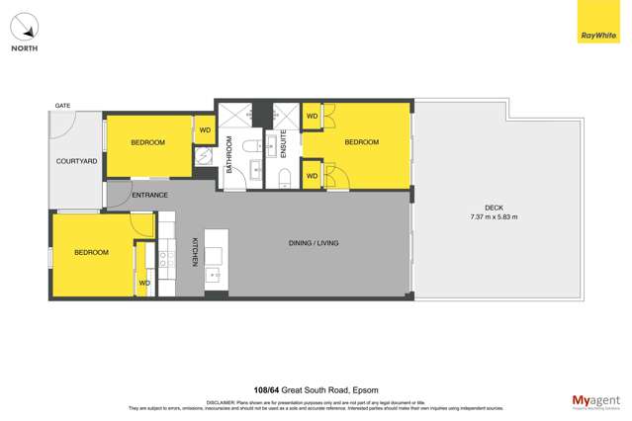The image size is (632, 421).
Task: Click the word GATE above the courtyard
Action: click(x=62, y=105)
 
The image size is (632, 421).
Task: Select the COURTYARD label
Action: click(x=76, y=161)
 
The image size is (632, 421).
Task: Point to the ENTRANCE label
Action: click(x=149, y=195)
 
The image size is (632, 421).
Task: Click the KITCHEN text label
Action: click(x=195, y=252)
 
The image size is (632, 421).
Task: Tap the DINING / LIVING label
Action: click(x=314, y=242)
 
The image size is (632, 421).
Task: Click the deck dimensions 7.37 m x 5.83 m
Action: click(x=494, y=216)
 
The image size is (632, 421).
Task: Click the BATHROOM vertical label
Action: click(x=228, y=155)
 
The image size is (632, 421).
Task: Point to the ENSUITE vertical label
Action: click(x=283, y=145)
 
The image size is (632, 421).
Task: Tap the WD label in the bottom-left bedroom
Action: click(x=144, y=284)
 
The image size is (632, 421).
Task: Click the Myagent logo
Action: click(x=594, y=399)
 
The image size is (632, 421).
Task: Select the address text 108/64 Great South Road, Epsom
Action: click(x=316, y=390)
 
